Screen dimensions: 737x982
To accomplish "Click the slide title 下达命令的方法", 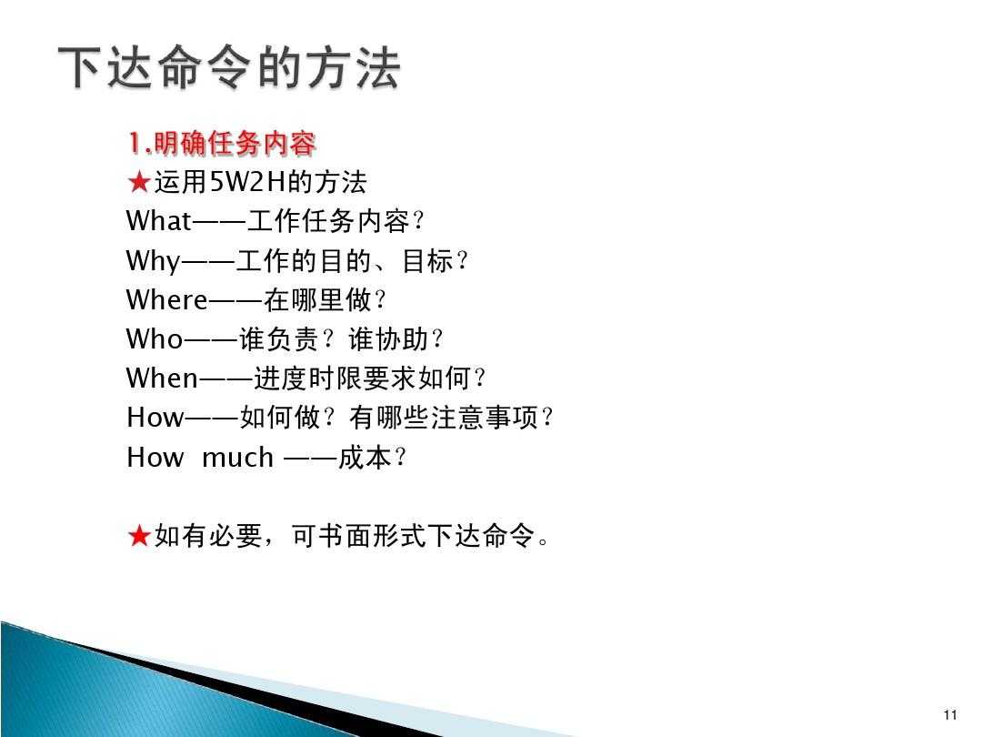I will tap(229, 69).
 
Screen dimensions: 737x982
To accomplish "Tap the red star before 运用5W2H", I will tap(139, 183).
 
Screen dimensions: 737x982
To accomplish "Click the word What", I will tap(159, 221).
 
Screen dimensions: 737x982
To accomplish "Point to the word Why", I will tap(154, 261).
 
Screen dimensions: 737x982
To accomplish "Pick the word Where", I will tap(167, 299).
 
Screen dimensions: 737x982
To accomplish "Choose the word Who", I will tap(155, 339).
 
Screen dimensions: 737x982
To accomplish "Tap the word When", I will tap(162, 378).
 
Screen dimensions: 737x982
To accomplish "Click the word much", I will tap(237, 457).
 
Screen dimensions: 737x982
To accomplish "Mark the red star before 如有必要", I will tap(139, 537).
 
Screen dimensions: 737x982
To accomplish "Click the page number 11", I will tap(951, 713).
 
